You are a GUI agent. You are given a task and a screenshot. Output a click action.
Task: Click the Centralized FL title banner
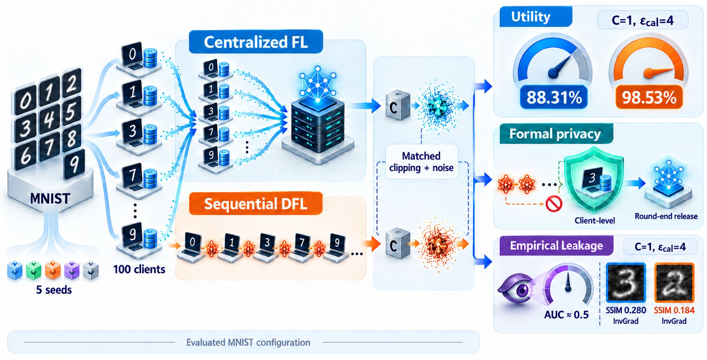[256, 42]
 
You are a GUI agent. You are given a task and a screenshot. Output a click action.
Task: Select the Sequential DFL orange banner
[256, 204]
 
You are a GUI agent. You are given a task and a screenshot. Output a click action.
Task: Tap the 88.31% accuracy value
[554, 98]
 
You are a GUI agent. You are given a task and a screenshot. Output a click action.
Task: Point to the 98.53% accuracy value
[649, 98]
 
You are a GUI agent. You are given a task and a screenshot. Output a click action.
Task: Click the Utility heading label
[536, 17]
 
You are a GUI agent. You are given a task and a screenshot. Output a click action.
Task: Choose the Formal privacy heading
[556, 134]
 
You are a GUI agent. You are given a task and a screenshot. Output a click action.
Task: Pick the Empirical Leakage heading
[557, 246]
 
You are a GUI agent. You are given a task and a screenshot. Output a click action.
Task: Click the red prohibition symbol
[553, 204]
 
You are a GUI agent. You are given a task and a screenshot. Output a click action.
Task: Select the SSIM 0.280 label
[626, 311]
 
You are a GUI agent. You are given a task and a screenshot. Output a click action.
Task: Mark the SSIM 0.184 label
[674, 311]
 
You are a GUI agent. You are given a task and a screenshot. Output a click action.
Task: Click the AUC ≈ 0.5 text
[566, 315]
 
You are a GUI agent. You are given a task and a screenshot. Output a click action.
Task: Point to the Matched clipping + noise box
[421, 162]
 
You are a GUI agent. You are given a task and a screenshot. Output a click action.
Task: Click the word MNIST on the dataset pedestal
[50, 198]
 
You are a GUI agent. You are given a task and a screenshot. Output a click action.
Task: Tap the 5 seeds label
[54, 290]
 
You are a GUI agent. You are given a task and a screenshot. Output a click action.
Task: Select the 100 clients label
[139, 269]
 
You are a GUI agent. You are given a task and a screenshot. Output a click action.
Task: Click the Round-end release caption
[666, 216]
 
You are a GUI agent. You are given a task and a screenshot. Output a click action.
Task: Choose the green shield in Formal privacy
[594, 180]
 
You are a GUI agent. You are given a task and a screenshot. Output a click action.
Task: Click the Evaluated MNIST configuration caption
[248, 342]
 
